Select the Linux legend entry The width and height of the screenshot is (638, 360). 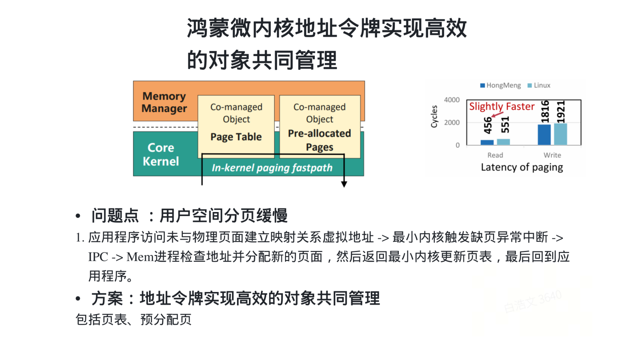coord(539,85)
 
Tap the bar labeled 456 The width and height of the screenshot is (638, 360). coord(487,142)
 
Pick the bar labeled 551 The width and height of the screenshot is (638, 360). coord(503,142)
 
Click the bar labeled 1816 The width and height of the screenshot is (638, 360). coord(544,135)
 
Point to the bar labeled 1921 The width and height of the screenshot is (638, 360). coord(561,134)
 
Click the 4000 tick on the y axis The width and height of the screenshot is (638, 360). coord(452,100)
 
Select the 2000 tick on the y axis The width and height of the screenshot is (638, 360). coord(452,123)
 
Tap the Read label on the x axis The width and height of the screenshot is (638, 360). coord(495,155)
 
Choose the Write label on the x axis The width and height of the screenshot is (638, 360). coord(552,155)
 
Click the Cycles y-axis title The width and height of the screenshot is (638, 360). coord(434,116)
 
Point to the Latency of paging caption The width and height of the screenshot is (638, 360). coord(522,168)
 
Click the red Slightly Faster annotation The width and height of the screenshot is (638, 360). coord(502,107)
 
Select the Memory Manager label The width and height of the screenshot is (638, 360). coord(164,102)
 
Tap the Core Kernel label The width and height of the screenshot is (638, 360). coord(161,154)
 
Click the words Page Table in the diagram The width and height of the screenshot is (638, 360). coord(236,137)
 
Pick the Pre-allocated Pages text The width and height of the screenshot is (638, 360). coord(319,140)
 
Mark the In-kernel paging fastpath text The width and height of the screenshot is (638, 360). coord(272,168)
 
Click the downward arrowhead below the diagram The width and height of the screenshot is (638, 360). coord(344,184)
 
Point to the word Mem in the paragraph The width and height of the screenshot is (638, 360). coord(140,257)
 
